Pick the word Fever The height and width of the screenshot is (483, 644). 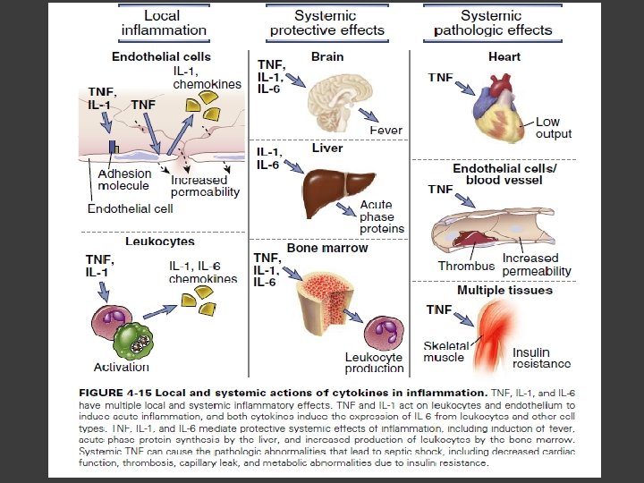click(386, 131)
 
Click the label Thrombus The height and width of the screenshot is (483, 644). click(465, 266)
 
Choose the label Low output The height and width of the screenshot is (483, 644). click(554, 128)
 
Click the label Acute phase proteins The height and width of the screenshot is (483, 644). click(382, 216)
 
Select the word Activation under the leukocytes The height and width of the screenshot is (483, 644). click(122, 368)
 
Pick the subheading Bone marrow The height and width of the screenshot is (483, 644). click(326, 247)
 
